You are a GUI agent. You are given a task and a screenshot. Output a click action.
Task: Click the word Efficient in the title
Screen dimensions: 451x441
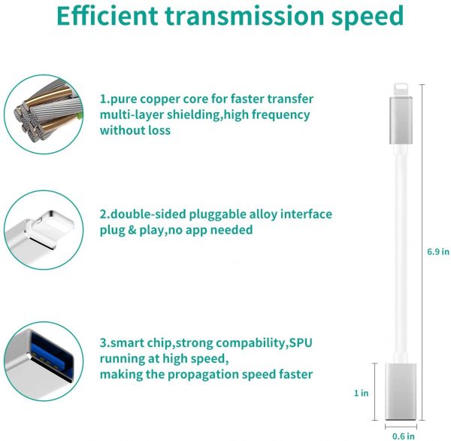pos(107,16)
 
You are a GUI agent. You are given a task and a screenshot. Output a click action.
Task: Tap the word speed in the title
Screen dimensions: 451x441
pos(368,17)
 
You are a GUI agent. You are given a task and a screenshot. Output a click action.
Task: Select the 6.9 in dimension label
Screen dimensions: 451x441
pos(437,252)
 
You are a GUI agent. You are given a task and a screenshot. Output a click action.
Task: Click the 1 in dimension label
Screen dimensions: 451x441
pos(362,393)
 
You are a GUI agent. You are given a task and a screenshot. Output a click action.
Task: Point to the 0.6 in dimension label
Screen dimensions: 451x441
pos(404,436)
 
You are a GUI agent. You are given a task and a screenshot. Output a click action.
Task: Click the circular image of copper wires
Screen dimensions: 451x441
pos(44,114)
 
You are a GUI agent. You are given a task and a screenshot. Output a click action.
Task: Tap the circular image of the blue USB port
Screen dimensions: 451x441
pos(44,361)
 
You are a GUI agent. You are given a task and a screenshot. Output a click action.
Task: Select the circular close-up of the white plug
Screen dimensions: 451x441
pos(44,230)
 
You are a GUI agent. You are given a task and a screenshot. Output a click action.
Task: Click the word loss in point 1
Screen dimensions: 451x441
pos(159,130)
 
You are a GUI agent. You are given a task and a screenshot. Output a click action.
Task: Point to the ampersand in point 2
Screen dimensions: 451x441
pos(132,230)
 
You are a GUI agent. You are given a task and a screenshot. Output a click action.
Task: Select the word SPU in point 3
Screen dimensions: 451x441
pos(301,342)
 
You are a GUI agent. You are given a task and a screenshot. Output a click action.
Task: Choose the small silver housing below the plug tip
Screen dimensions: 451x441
pos(401,120)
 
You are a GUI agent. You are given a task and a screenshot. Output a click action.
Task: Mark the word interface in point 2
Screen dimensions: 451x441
pos(306,214)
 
